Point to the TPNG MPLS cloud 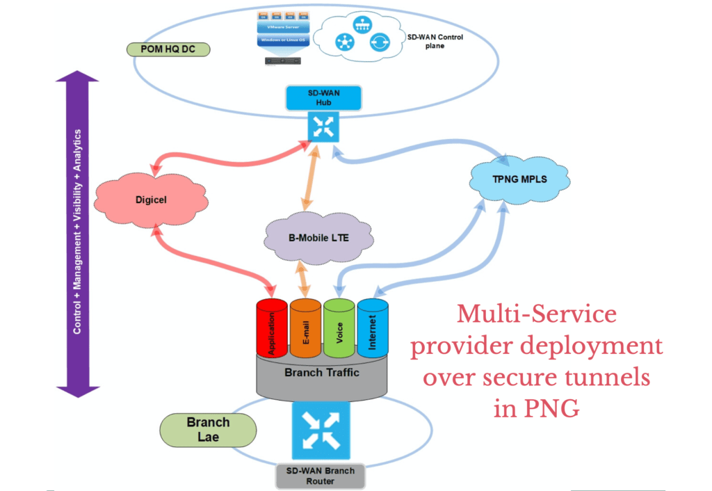point(519,179)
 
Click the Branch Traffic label point(322,373)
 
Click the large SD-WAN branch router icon point(321,430)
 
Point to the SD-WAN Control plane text point(435,41)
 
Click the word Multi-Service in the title point(536,314)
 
